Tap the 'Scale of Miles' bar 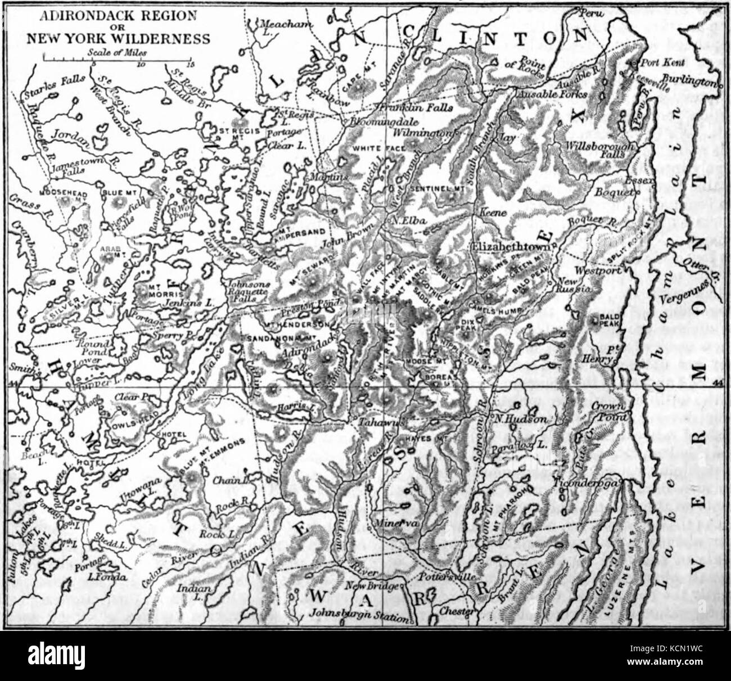tap(118, 58)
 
